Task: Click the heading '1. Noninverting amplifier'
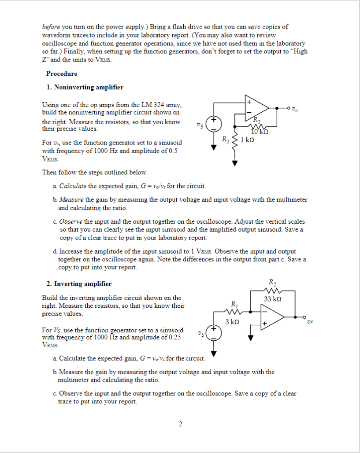click(x=85, y=87)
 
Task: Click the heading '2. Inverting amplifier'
click(x=79, y=284)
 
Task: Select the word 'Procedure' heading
click(x=61, y=74)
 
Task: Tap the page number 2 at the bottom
click(x=180, y=424)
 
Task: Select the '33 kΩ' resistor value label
click(x=273, y=299)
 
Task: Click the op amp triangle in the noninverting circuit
click(x=256, y=107)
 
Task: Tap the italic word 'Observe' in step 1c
click(x=71, y=221)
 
